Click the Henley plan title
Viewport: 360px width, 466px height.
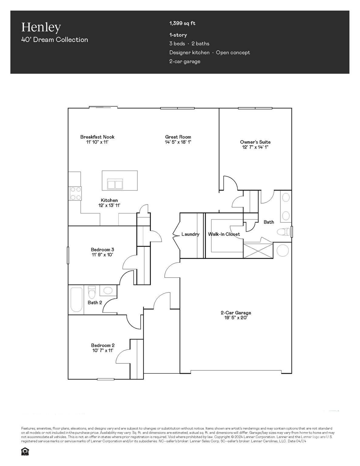41,28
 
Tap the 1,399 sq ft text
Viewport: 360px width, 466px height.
182,23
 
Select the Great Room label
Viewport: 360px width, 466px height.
178,137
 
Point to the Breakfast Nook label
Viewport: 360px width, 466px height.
97,137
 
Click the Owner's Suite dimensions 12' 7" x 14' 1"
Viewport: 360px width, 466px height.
255,147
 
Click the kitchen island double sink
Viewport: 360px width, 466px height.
115,184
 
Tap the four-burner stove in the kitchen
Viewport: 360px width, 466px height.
75,194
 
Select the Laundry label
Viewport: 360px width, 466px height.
190,234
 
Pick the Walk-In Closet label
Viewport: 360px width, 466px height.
224,234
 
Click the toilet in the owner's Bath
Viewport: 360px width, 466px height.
283,232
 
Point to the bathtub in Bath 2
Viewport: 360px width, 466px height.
76,300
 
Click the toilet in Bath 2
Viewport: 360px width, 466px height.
92,292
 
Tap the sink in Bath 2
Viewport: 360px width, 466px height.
108,291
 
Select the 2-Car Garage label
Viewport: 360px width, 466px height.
236,313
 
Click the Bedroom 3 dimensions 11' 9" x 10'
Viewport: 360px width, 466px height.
103,255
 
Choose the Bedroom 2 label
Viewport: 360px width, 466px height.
103,345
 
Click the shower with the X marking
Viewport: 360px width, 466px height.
258,251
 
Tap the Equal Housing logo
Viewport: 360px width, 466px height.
25,451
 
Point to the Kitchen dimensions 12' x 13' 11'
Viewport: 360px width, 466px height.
109,205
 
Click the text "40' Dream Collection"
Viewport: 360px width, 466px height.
55,40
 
